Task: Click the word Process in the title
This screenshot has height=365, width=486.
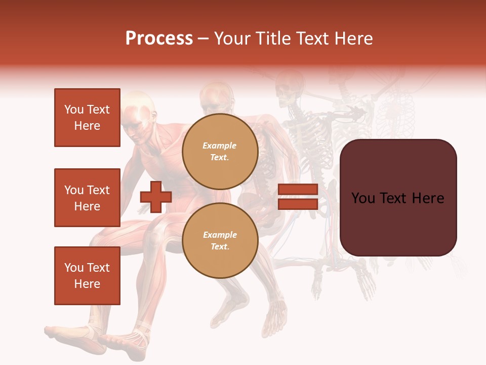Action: click(159, 39)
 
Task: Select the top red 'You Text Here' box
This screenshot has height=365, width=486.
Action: click(87, 118)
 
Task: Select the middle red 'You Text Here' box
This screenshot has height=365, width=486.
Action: click(87, 198)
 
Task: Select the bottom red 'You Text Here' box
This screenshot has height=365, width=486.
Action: click(87, 276)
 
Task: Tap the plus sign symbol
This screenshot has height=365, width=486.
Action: click(156, 197)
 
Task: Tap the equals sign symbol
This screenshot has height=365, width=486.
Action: click(298, 197)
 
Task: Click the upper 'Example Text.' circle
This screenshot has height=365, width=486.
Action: click(220, 152)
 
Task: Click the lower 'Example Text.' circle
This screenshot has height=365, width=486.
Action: click(220, 241)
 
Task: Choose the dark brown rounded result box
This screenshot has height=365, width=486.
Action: click(398, 198)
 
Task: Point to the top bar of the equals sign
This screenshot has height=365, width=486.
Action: click(298, 190)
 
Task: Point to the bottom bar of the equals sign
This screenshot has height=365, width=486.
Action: click(298, 204)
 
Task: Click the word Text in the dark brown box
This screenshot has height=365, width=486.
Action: click(399, 198)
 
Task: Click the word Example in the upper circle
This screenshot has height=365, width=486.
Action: click(220, 145)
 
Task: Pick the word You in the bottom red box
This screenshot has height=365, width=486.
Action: click(73, 268)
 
